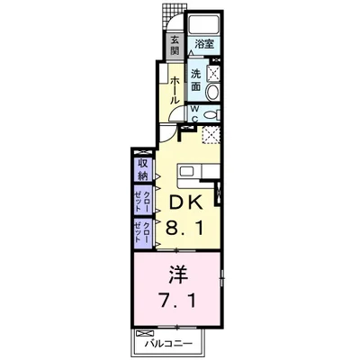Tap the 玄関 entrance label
coord(174,44)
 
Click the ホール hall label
coord(174,88)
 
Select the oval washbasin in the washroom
coord(214,91)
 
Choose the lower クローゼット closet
coord(143,231)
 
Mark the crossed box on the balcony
coord(141,335)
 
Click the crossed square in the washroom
coord(216,74)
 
